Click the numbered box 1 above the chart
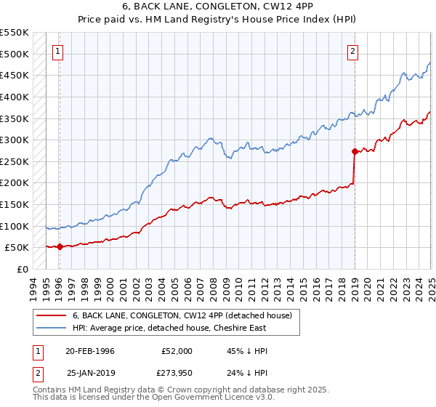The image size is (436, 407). [x=57, y=51]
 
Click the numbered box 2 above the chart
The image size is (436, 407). [x=352, y=51]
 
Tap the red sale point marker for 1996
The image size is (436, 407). [x=60, y=246]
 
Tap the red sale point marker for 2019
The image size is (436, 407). [x=355, y=151]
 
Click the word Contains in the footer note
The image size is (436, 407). [x=49, y=391]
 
